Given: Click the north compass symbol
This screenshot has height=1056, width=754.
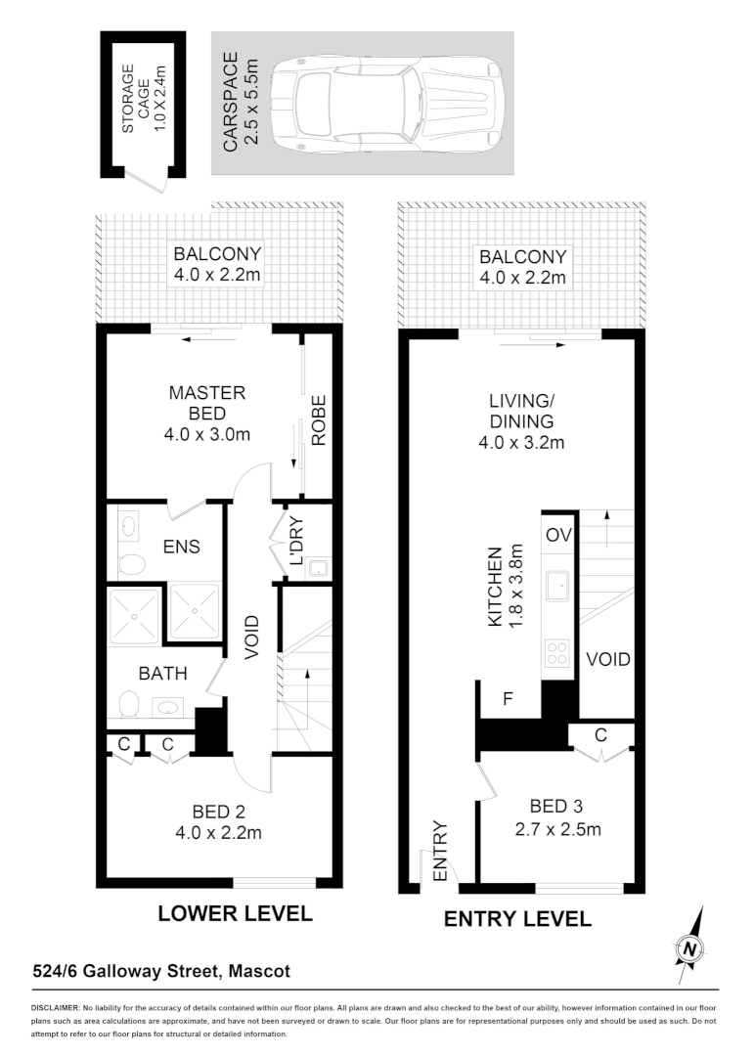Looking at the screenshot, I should point(690,946).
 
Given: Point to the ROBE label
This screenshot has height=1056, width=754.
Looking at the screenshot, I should point(318,421).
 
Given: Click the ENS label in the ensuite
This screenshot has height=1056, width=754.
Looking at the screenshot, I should point(183,547).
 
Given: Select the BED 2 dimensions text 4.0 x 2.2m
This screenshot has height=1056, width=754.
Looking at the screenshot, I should point(217,832).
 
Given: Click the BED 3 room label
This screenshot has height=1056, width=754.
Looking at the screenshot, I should point(555,807).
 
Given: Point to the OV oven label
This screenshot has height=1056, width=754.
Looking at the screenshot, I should point(558,535).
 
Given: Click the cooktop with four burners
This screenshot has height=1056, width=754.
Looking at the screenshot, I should point(558,652).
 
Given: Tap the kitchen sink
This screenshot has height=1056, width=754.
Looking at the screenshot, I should point(558,588).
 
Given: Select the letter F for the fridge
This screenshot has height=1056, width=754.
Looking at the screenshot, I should point(509,700).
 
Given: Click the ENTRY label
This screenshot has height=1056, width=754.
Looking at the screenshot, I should point(438,853).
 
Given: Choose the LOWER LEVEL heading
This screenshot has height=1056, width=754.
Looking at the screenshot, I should point(235,914).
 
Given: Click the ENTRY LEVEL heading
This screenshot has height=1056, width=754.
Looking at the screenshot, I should point(517,919).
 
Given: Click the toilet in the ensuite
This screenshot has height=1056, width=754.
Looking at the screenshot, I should point(131,562).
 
